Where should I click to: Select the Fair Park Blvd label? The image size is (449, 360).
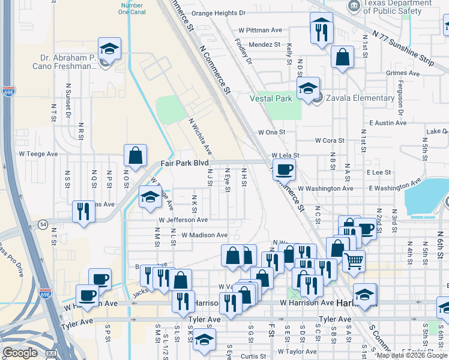tap(184, 163)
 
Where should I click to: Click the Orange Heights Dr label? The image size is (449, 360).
tap(219, 13)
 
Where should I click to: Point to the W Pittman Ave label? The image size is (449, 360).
tap(260, 29)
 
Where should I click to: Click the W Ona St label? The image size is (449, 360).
tap(270, 132)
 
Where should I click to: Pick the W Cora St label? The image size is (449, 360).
tap(330, 141)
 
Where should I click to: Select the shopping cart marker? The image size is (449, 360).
tap(354, 260)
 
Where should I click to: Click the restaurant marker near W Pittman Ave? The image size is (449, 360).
tap(322, 28)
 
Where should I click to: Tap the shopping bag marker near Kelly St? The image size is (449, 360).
tap(342, 58)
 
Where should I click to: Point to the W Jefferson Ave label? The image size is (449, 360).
tap(183, 220)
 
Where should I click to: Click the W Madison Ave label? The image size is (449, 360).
tap(204, 235)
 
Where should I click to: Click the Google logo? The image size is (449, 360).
tap(20, 353)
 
